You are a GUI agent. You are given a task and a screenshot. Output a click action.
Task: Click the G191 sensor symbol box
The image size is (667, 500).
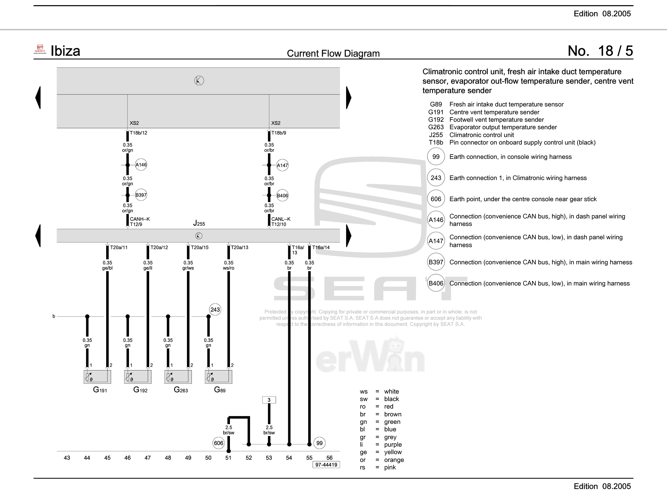pyautogui.click(x=97, y=377)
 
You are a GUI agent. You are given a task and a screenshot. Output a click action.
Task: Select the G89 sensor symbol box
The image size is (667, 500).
pyautogui.click(x=218, y=377)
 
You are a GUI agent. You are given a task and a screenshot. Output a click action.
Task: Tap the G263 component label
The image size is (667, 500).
pyautogui.click(x=181, y=390)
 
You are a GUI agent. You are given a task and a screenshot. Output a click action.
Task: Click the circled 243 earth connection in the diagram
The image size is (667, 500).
pyautogui.click(x=215, y=310)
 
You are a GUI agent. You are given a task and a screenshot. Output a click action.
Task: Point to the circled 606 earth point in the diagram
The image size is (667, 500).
pyautogui.click(x=219, y=443)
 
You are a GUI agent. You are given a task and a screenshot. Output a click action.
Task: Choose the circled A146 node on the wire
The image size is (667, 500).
pyautogui.click(x=141, y=165)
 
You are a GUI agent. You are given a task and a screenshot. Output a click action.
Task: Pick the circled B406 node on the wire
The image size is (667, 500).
pyautogui.click(x=282, y=196)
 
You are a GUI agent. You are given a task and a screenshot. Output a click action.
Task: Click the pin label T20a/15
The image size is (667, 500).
pyautogui.click(x=199, y=247)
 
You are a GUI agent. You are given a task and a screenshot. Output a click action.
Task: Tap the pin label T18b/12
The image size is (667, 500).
pyautogui.click(x=138, y=133)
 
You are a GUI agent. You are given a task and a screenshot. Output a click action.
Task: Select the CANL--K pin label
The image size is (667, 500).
pyautogui.click(x=281, y=219)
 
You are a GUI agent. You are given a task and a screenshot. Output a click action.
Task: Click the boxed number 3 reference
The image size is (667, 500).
pyautogui.click(x=269, y=400)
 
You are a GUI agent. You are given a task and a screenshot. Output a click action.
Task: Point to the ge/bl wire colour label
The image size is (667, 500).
pyautogui.click(x=107, y=268)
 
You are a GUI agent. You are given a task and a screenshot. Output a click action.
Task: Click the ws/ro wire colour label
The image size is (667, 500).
pyautogui.click(x=228, y=268)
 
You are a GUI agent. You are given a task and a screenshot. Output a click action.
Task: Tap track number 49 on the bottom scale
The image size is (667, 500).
pyautogui.click(x=188, y=458)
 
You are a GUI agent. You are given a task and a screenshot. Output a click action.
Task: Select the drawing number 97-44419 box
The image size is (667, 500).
pyautogui.click(x=326, y=465)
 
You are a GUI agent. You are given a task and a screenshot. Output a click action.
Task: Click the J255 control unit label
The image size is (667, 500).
pyautogui.click(x=199, y=223)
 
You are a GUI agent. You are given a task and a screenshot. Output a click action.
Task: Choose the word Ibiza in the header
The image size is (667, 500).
pyautogui.click(x=65, y=51)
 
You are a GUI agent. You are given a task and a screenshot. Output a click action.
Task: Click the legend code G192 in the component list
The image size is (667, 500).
pyautogui.click(x=436, y=119)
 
